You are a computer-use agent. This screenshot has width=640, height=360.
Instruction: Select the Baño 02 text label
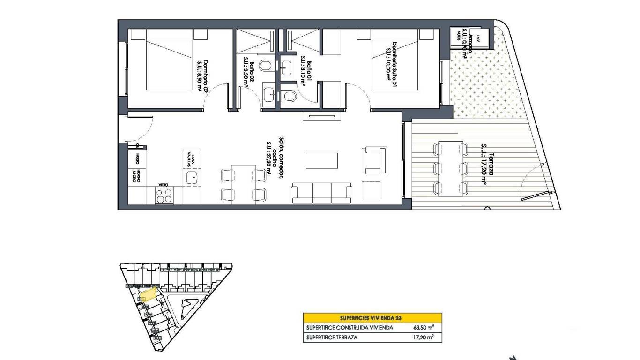(x=248, y=72)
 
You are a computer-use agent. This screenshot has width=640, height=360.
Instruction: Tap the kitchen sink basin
(x=191, y=177)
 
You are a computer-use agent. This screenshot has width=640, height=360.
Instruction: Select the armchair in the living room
(x=374, y=159)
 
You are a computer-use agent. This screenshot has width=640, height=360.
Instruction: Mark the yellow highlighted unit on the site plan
(x=148, y=294)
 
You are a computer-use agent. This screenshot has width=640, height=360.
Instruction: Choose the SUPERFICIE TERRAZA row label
(x=332, y=337)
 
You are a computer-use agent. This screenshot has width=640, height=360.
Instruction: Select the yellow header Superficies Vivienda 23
(x=372, y=317)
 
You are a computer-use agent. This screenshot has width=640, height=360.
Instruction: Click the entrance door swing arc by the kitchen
(x=141, y=129)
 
